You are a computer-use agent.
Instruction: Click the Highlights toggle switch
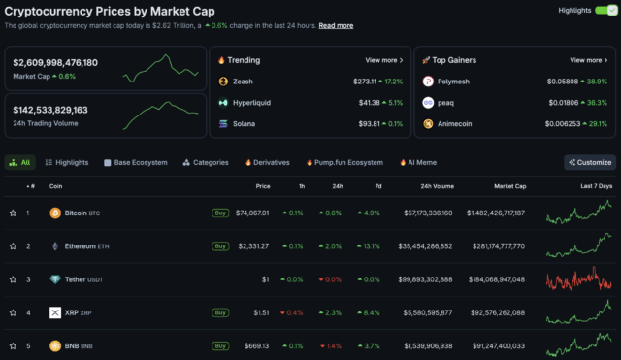605,10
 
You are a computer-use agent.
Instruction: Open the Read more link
336,25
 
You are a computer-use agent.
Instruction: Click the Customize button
590,162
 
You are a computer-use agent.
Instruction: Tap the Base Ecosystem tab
135,162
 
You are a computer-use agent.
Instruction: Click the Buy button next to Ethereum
220,246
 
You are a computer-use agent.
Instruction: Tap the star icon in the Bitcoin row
13,213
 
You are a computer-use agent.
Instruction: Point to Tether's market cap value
523,279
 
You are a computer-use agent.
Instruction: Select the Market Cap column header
509,185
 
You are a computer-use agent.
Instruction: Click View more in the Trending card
384,60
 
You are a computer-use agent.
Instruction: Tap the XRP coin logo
55,313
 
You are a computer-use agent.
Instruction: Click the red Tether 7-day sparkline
579,279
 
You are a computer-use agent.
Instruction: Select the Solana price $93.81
367,123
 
